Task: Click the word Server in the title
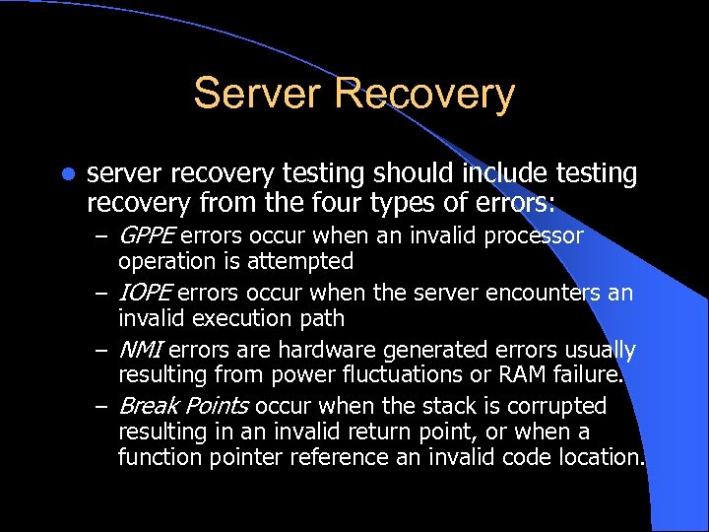(258, 94)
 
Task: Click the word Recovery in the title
(424, 94)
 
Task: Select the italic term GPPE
(146, 236)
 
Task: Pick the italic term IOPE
(146, 294)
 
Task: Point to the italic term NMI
(140, 350)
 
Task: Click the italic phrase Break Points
(179, 406)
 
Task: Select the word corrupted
(556, 406)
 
